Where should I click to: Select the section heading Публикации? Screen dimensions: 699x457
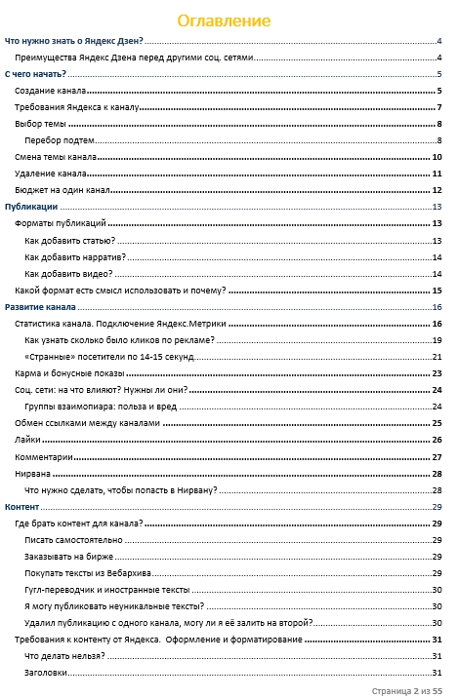[31, 207]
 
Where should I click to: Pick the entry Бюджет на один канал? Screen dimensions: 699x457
[62, 190]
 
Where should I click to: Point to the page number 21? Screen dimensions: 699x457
[438, 357]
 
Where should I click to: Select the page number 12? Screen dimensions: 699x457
[438, 190]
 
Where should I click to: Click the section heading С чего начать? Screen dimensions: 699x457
[35, 74]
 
